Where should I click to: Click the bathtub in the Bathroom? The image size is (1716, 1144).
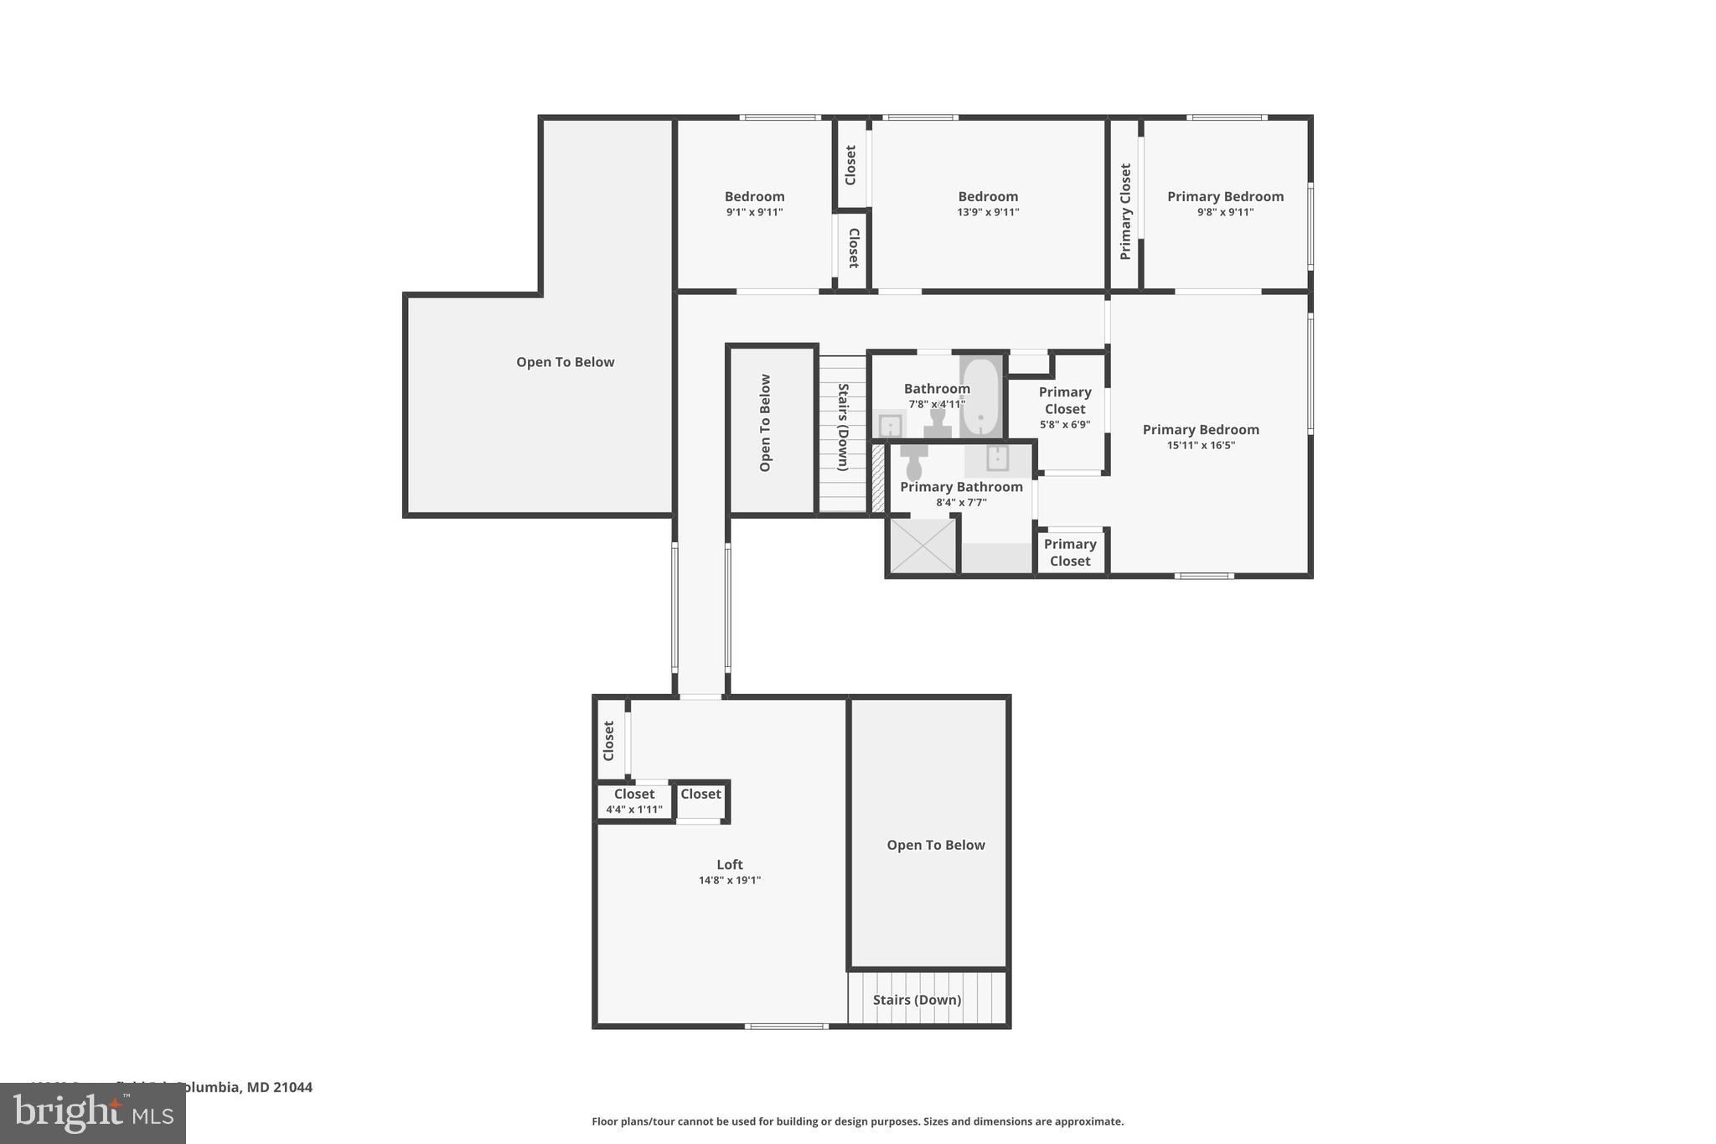(979, 397)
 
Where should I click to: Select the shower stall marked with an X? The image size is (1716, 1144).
(922, 546)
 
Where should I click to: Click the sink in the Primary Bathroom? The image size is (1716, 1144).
(997, 458)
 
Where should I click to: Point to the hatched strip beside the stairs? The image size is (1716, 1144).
(877, 479)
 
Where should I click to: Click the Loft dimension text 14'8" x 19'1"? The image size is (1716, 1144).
(729, 880)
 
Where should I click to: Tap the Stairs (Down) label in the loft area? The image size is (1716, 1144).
(917, 1000)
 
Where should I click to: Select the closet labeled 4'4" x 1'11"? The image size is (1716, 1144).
(634, 802)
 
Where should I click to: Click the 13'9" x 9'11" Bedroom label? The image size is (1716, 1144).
(988, 204)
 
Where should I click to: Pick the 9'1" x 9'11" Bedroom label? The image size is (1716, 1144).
(754, 204)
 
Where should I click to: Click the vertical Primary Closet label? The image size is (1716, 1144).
(1125, 211)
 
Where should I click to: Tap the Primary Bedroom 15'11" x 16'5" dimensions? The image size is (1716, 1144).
(1201, 445)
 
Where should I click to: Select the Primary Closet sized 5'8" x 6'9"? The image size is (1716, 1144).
(1065, 408)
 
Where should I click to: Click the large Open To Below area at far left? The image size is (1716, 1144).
(565, 362)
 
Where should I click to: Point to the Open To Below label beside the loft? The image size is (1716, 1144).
(935, 845)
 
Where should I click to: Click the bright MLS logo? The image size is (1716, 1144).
(92, 1113)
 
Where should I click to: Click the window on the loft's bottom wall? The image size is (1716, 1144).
(786, 1026)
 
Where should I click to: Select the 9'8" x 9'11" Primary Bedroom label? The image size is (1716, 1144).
(1225, 204)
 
